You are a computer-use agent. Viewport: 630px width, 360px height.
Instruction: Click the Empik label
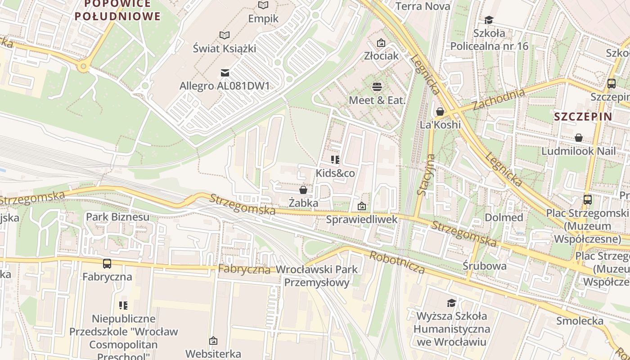click(x=263, y=18)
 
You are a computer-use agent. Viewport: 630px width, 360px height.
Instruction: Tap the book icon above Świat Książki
click(x=224, y=35)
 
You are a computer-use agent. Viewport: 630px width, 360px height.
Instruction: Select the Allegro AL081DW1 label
click(x=225, y=85)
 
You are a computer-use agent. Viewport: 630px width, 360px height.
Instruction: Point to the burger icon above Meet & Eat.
click(x=377, y=86)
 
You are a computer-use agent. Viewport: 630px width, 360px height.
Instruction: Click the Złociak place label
click(x=382, y=55)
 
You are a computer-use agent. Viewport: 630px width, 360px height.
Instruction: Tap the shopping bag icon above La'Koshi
click(x=440, y=111)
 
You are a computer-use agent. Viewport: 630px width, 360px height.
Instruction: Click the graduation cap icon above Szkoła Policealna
click(x=489, y=20)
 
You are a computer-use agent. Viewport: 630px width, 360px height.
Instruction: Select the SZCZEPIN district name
click(x=583, y=117)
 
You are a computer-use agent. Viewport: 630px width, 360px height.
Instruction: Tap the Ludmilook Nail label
click(x=578, y=151)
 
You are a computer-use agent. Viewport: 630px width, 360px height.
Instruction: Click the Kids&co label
click(x=335, y=173)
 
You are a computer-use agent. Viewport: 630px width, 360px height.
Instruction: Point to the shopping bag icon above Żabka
click(x=303, y=190)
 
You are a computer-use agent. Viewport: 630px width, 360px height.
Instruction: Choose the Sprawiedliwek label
click(x=362, y=219)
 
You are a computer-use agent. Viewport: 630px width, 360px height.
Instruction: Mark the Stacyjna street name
click(x=426, y=175)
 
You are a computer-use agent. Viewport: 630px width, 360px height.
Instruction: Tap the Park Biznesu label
click(x=117, y=217)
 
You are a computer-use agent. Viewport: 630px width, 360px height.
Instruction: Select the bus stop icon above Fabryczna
click(x=107, y=264)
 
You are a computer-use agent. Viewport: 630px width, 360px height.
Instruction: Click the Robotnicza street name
click(x=397, y=262)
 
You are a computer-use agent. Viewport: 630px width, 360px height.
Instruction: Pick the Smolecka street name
click(x=580, y=320)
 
